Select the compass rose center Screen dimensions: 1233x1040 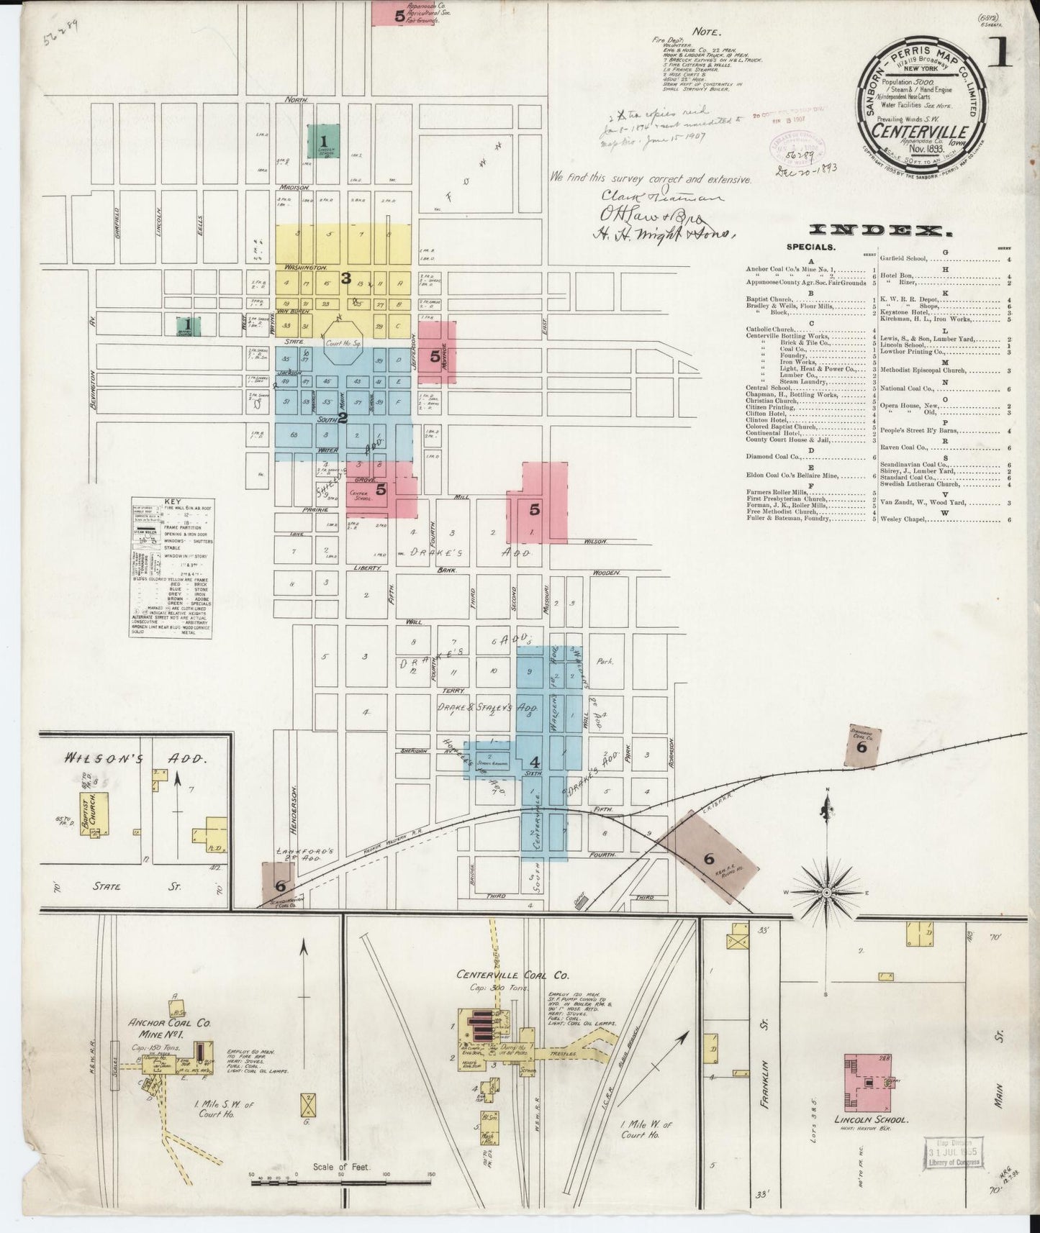pos(827,892)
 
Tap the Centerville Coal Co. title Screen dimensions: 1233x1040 pos(512,975)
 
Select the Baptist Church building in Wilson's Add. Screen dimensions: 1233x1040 pos(94,814)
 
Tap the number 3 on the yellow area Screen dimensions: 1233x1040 pos(345,278)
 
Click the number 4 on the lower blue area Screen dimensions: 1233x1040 pos(535,762)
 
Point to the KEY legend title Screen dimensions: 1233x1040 pos(173,501)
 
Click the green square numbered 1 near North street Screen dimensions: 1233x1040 pos(323,142)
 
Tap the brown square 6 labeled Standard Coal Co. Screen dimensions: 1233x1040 pos(861,746)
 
